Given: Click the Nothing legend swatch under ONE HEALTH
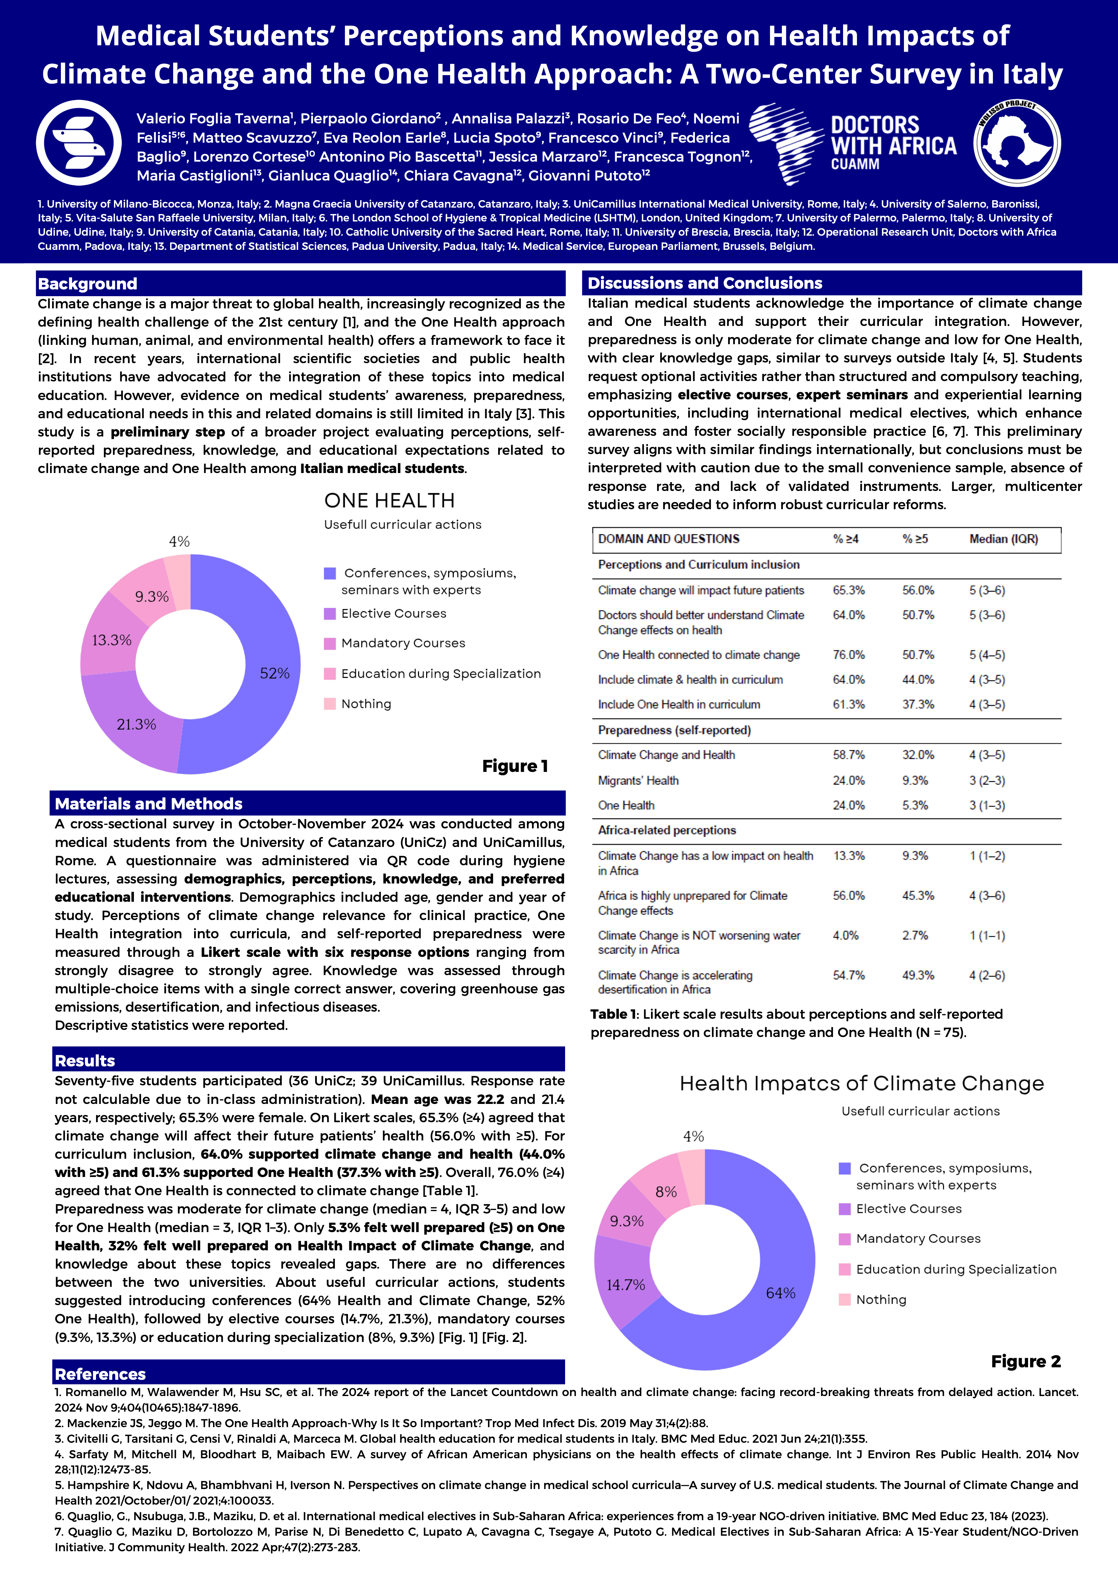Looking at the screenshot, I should [330, 704].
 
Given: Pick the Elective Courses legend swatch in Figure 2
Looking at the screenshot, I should [844, 1209].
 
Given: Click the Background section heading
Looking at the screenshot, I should [88, 284].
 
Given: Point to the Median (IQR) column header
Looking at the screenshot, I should [1003, 539].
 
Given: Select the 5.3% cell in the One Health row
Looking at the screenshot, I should [915, 805].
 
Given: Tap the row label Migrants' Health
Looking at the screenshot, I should [638, 780].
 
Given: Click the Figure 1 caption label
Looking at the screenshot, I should [515, 766].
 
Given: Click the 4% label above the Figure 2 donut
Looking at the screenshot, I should [693, 1136].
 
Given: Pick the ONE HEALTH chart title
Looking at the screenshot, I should [389, 501].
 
